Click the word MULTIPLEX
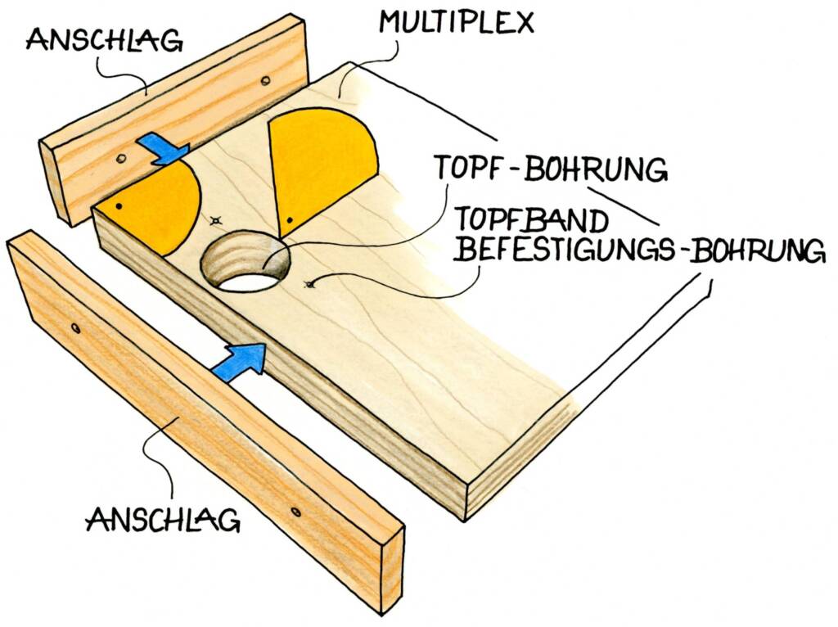(457, 22)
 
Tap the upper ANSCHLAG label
(104, 41)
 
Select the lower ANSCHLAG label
(163, 520)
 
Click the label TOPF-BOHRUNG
(552, 168)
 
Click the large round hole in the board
(246, 260)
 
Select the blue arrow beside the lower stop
(239, 362)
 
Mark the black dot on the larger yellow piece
(289, 219)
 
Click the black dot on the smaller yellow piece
(118, 205)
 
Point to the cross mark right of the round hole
(308, 284)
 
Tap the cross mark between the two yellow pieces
(215, 219)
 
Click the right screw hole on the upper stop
(264, 81)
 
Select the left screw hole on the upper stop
(121, 159)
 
